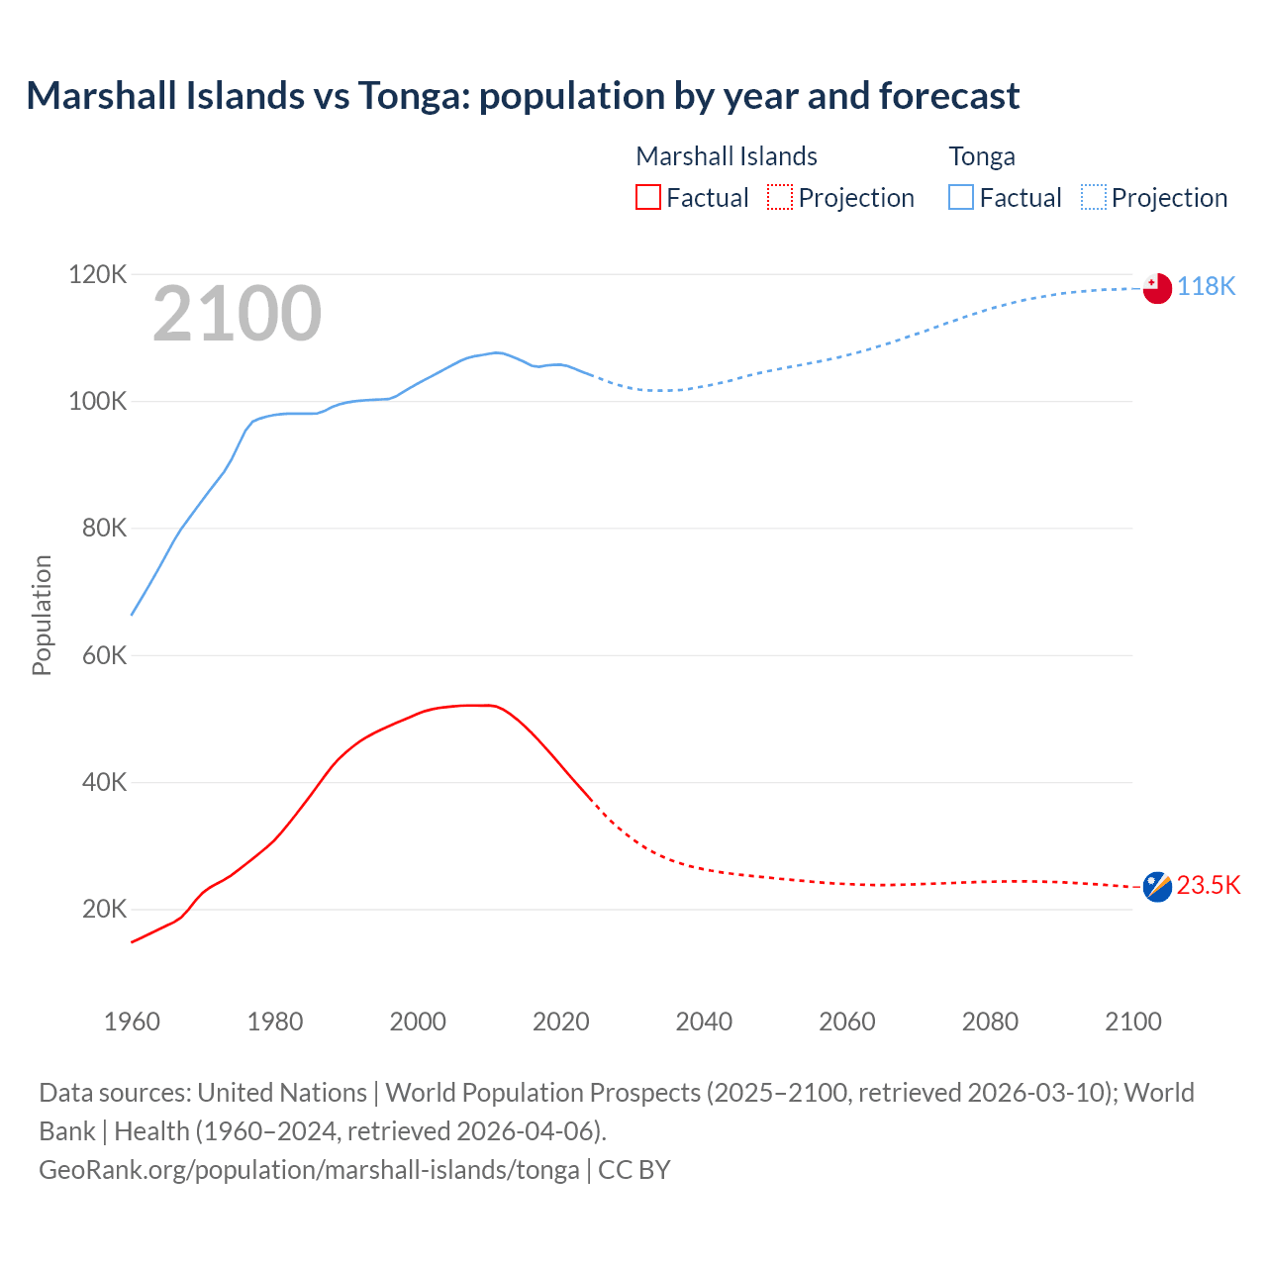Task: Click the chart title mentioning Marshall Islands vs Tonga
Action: coord(523,96)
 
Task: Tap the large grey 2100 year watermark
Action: coord(237,314)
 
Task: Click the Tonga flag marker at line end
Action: coord(1157,288)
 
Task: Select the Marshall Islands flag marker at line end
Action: coord(1157,887)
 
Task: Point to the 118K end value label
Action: coord(1206,286)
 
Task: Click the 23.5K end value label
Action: coord(1208,885)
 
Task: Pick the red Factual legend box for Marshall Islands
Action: coord(648,197)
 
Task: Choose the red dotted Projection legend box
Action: coord(780,197)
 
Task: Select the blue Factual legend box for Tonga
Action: coord(961,197)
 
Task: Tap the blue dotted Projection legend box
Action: coord(1094,197)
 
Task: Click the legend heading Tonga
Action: coord(982,156)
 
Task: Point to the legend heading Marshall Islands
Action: coord(727,156)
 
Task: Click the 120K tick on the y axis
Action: coord(98,274)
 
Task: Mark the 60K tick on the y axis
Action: coord(104,655)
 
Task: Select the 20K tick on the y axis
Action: coord(104,909)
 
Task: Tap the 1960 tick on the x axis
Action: coord(132,1022)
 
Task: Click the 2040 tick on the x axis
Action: coord(704,1022)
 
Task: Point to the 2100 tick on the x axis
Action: coord(1132,1022)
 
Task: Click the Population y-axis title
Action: coord(42,615)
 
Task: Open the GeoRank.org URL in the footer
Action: coord(309,1169)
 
